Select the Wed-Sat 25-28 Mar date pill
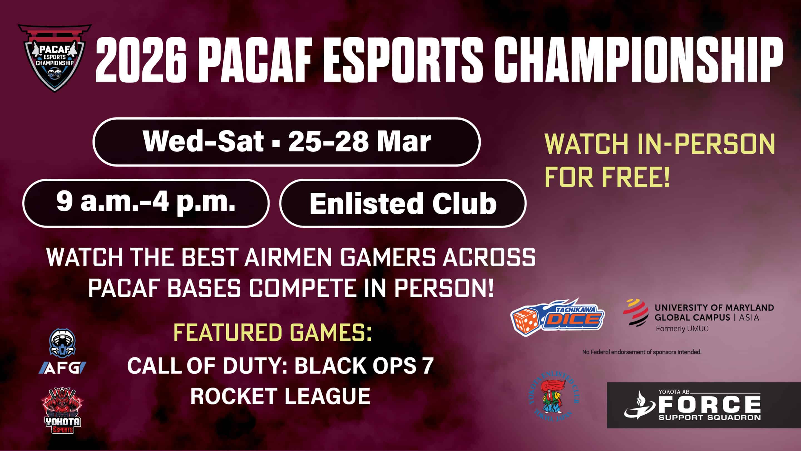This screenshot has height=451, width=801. (x=286, y=142)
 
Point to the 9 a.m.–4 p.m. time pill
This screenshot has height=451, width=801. (x=146, y=203)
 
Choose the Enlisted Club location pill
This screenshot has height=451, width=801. (x=403, y=203)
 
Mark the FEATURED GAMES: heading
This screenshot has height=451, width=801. (x=272, y=332)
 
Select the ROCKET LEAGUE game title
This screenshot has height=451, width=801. (x=280, y=396)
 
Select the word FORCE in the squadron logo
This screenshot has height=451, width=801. (x=709, y=404)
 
